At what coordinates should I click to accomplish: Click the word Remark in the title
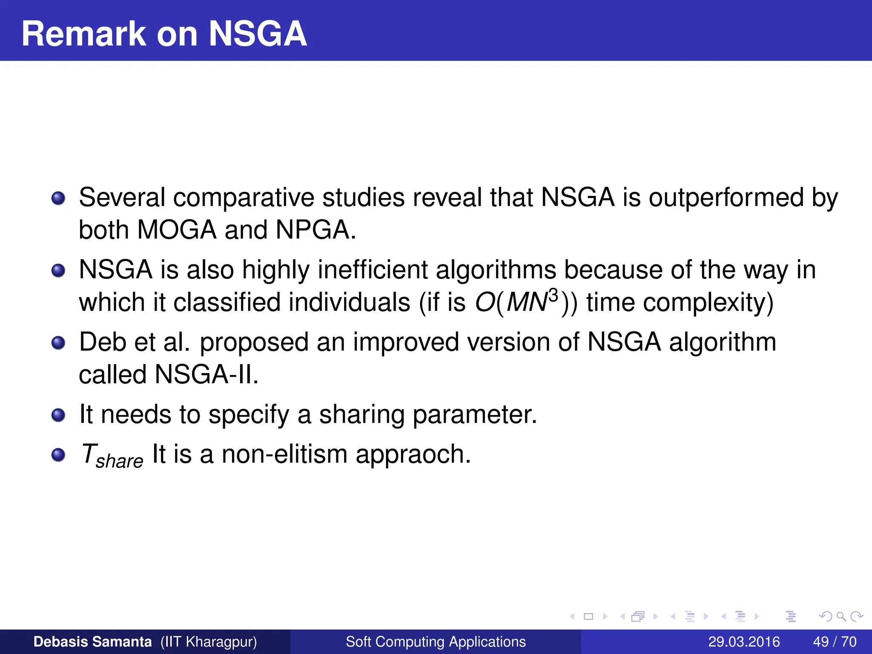point(83,34)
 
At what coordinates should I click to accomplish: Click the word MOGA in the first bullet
point(177,230)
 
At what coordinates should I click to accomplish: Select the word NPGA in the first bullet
point(315,230)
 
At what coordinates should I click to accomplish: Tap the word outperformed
point(726,198)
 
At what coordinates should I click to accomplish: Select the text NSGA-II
point(207,375)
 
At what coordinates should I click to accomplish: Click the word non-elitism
point(284,454)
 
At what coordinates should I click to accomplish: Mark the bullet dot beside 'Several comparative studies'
point(58,198)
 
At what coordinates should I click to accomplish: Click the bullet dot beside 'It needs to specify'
point(58,415)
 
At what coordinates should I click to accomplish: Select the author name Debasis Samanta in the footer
point(92,642)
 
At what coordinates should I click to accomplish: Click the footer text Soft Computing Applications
point(436,642)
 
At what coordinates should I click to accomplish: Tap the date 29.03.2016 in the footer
point(744,642)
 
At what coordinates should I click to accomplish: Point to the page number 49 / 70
point(835,642)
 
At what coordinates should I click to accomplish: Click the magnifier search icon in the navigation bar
point(841,617)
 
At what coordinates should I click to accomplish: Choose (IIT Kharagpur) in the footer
point(209,642)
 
